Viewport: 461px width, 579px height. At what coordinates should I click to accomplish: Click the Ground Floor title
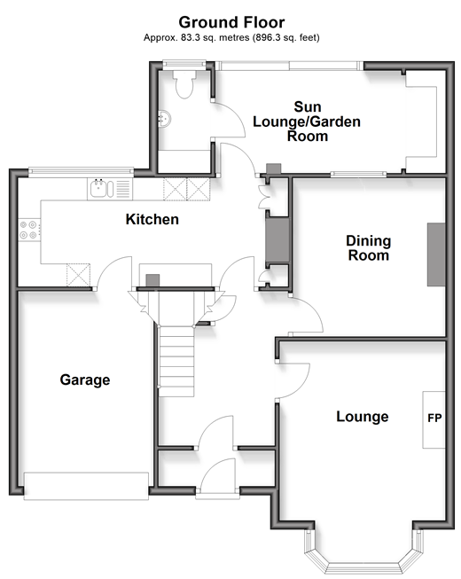(x=231, y=22)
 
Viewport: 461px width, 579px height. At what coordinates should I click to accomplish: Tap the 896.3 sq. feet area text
(x=285, y=37)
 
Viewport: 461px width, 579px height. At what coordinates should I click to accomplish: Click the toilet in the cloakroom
(x=184, y=84)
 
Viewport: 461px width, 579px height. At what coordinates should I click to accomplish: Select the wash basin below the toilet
(x=164, y=119)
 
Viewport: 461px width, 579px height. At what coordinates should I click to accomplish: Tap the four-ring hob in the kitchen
(x=28, y=230)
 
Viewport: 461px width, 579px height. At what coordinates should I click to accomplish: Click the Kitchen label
(x=152, y=219)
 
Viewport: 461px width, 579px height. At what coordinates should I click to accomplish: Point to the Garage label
(x=85, y=380)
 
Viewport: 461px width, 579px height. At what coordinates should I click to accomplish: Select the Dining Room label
(x=369, y=248)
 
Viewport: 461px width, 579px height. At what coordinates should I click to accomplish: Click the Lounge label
(x=362, y=417)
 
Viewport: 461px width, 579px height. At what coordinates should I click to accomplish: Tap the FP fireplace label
(x=434, y=418)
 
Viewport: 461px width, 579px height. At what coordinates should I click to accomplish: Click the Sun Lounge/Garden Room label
(x=307, y=121)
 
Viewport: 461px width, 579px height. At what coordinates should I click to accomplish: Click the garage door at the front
(x=86, y=486)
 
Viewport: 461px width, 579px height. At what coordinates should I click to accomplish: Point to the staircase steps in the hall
(x=176, y=362)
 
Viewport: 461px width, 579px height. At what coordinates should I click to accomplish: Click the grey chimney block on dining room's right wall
(x=436, y=254)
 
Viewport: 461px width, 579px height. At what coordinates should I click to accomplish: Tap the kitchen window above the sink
(x=82, y=171)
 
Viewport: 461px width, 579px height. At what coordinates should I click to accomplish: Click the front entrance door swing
(x=218, y=475)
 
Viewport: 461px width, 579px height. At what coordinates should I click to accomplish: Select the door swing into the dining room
(x=307, y=315)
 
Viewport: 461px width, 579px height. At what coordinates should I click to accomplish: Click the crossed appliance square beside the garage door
(x=78, y=275)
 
